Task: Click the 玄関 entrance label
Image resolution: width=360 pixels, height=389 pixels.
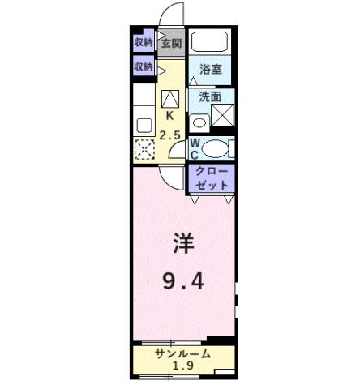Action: (170, 43)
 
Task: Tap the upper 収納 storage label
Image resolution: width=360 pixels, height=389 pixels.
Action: (144, 42)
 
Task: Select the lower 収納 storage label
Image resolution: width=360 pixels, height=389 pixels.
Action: (144, 66)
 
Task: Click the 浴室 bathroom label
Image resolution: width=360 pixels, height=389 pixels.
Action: (211, 70)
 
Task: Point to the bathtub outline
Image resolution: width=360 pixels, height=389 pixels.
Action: (211, 44)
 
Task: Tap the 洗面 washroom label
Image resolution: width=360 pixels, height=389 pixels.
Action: (211, 96)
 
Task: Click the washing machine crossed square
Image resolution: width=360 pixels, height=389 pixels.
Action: (221, 116)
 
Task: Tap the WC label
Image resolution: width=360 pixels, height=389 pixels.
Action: (195, 148)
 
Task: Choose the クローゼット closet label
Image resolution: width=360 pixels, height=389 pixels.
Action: (211, 177)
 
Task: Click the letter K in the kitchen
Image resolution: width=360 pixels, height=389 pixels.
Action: (170, 116)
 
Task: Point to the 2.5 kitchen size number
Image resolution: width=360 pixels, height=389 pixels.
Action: (169, 135)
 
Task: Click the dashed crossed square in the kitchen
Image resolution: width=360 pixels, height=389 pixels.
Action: (144, 149)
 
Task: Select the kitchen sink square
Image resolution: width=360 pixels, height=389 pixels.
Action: (144, 125)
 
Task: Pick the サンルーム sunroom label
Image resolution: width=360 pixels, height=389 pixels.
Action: (183, 354)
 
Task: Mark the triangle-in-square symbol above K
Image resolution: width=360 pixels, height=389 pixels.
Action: (170, 99)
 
